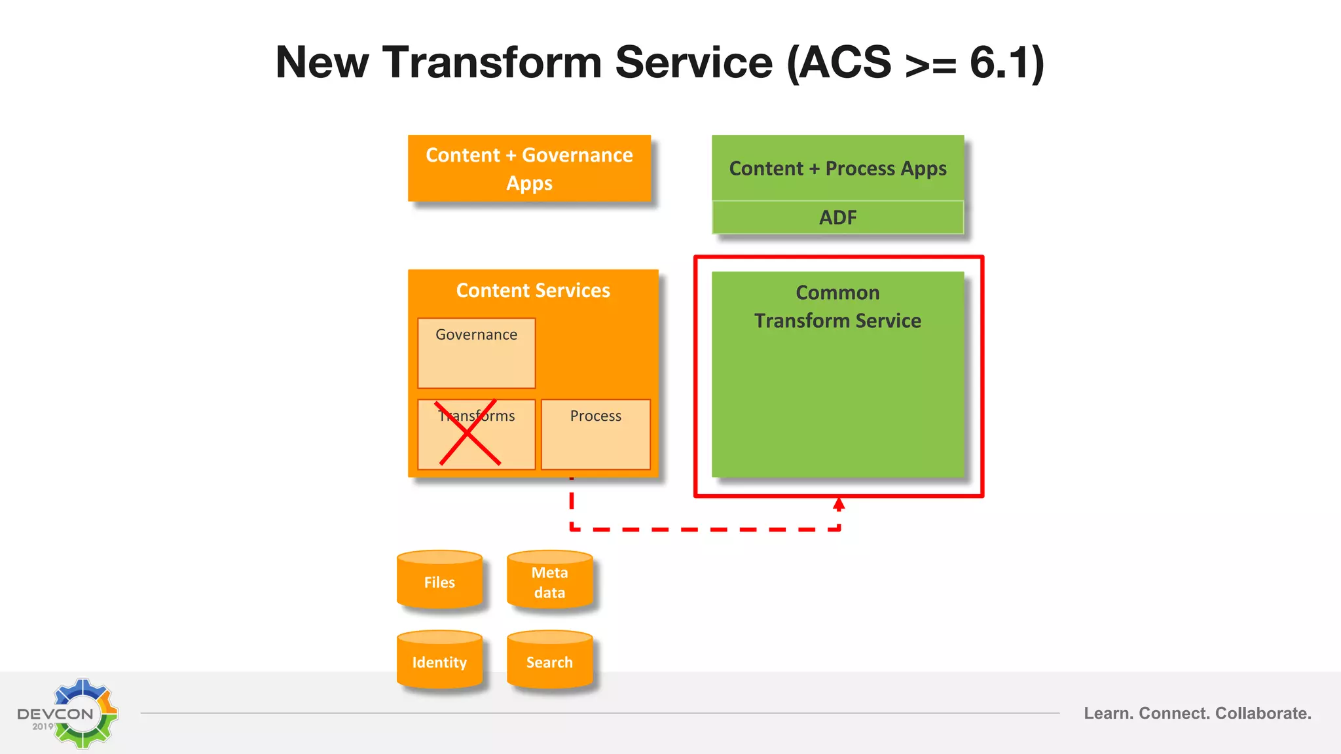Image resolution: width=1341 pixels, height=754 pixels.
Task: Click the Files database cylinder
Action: click(439, 581)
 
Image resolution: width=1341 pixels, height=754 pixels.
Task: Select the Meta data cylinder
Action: click(549, 581)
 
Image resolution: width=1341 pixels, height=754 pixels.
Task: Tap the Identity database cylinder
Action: click(439, 661)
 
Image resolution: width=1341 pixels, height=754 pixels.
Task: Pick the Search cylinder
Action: click(549, 661)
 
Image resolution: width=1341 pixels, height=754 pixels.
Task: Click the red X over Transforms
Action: click(469, 433)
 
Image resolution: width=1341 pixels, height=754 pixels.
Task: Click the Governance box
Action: click(476, 353)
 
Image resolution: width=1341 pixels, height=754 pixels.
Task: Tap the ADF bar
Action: click(837, 217)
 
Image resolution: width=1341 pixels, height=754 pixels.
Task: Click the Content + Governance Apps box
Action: click(529, 168)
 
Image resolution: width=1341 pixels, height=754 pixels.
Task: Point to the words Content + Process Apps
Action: click(837, 168)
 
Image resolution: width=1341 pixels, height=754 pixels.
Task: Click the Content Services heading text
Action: click(533, 290)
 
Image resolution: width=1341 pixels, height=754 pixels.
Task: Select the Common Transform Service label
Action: click(837, 306)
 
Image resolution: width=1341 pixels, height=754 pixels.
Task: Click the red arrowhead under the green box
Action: click(839, 504)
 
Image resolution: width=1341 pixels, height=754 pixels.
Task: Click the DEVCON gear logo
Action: click(84, 713)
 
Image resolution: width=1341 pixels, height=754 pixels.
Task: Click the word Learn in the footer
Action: click(1107, 713)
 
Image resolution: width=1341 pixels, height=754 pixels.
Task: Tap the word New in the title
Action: click(321, 63)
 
